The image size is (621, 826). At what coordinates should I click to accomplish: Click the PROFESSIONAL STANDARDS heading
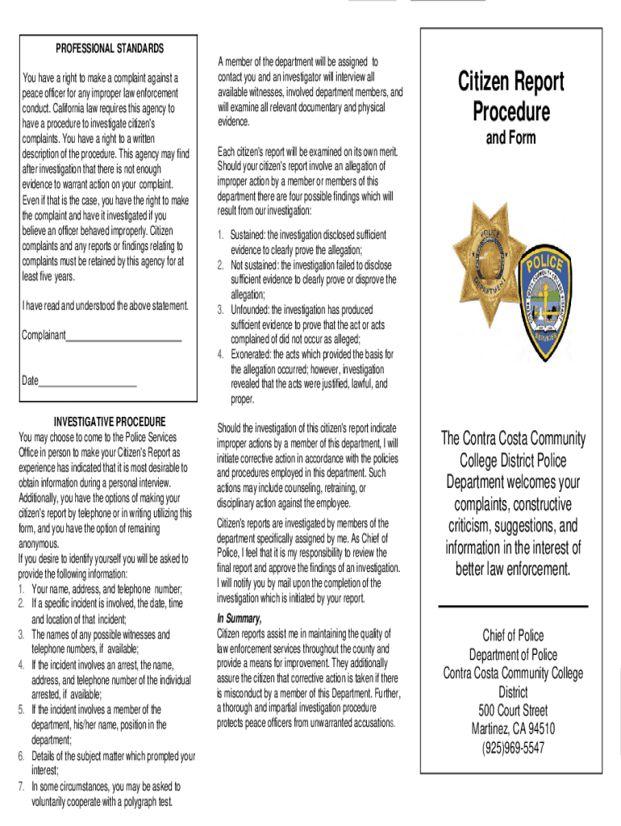tap(110, 48)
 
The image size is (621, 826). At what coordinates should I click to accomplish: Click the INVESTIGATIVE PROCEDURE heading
tap(109, 422)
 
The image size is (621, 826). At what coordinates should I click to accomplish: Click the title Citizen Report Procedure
tap(511, 95)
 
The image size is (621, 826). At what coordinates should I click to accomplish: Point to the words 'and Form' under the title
tap(511, 138)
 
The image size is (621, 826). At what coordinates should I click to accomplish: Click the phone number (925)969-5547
tap(513, 748)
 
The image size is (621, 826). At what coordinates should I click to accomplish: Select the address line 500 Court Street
tap(513, 711)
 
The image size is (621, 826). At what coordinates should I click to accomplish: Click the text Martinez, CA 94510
tap(513, 729)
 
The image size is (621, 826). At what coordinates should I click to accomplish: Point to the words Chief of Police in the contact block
tap(513, 636)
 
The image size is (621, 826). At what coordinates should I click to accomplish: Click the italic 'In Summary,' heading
tap(240, 619)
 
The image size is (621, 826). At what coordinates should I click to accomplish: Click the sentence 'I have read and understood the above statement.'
tap(106, 306)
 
